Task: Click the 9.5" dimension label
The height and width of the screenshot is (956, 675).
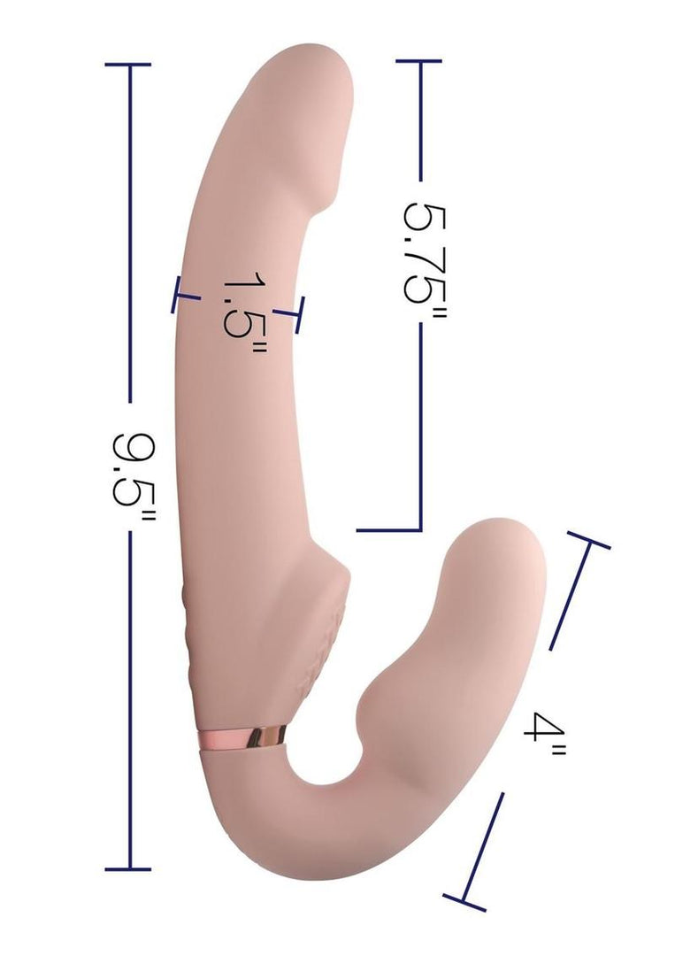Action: click(134, 476)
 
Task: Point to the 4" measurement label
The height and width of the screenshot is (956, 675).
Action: click(543, 734)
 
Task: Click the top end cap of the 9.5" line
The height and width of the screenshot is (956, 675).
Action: click(128, 64)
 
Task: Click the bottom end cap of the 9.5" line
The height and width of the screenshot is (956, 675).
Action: click(128, 869)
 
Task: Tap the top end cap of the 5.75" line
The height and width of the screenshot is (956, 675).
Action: click(418, 61)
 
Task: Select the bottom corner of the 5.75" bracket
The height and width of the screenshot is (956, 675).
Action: click(419, 530)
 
